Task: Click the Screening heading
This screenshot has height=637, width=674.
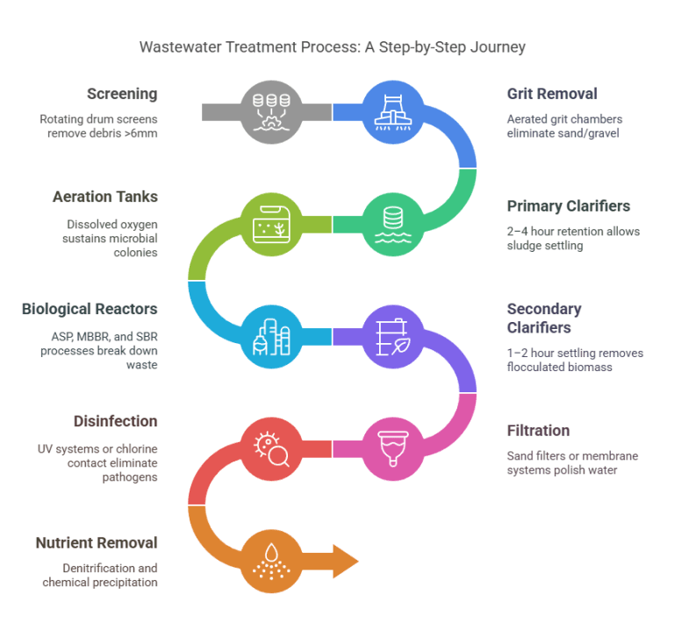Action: (x=122, y=94)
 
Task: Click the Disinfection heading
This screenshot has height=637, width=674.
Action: (x=114, y=422)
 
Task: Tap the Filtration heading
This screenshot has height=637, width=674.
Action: (x=538, y=431)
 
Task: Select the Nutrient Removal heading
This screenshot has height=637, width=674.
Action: (x=96, y=542)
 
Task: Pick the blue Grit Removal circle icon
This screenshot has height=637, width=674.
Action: (x=391, y=111)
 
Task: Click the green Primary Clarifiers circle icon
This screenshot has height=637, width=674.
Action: (x=391, y=224)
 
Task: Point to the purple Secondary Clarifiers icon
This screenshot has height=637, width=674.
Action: (x=391, y=336)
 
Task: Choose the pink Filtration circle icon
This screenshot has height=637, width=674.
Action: (x=391, y=448)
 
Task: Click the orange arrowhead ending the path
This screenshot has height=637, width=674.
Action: (x=345, y=560)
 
